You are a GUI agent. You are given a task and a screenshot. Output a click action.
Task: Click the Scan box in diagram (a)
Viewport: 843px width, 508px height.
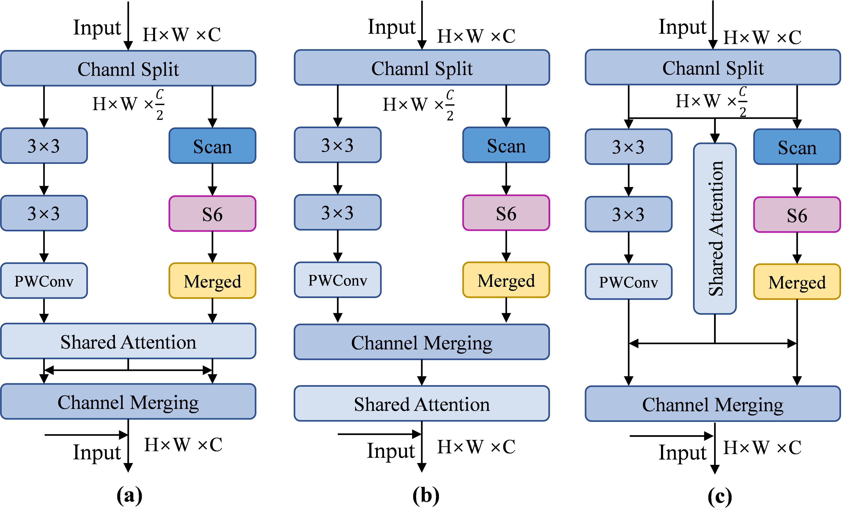tap(212, 146)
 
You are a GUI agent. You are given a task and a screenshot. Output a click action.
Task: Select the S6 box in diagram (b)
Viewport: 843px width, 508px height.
tap(506, 213)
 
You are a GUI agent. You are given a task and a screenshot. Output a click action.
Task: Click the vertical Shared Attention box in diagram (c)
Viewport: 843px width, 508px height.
tap(715, 228)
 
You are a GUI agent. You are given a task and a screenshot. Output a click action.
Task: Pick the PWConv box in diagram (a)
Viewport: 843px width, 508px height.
tap(44, 281)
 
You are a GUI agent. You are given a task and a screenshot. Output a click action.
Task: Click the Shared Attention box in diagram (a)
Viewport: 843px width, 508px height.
tap(128, 341)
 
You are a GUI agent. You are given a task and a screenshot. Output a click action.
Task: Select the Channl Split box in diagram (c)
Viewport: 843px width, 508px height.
tap(713, 67)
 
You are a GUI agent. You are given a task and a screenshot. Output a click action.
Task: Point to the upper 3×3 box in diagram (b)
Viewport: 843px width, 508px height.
tap(338, 145)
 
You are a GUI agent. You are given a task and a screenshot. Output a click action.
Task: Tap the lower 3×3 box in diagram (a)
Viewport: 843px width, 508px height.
tap(44, 213)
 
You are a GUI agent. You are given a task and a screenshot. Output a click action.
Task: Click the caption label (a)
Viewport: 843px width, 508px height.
tap(129, 495)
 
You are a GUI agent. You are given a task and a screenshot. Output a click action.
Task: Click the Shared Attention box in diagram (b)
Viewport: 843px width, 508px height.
tap(422, 404)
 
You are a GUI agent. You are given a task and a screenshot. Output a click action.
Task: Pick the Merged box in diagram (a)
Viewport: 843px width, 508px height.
tap(212, 281)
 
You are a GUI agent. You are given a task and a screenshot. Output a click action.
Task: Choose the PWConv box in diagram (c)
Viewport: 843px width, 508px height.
tap(629, 282)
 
